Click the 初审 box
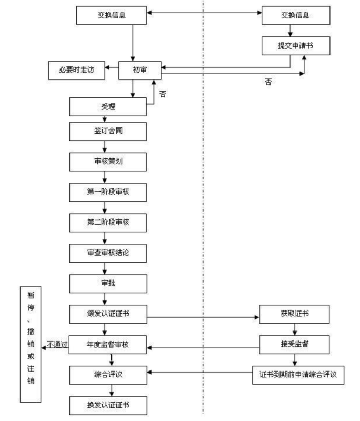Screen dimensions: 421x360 coord(139,69)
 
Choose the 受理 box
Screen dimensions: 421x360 coord(108,107)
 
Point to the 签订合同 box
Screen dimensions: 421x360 coord(108,132)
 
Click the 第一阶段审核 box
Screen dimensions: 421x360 coord(108,192)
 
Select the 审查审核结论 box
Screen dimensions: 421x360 coord(108,253)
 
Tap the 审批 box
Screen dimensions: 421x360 coord(108,283)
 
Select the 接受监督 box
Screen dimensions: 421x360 coord(295,345)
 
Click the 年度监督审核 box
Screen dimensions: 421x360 coord(108,345)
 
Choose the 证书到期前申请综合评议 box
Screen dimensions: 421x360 coord(298,375)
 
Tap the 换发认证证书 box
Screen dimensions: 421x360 coord(108,405)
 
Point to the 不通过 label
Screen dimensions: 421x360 coord(57,345)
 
